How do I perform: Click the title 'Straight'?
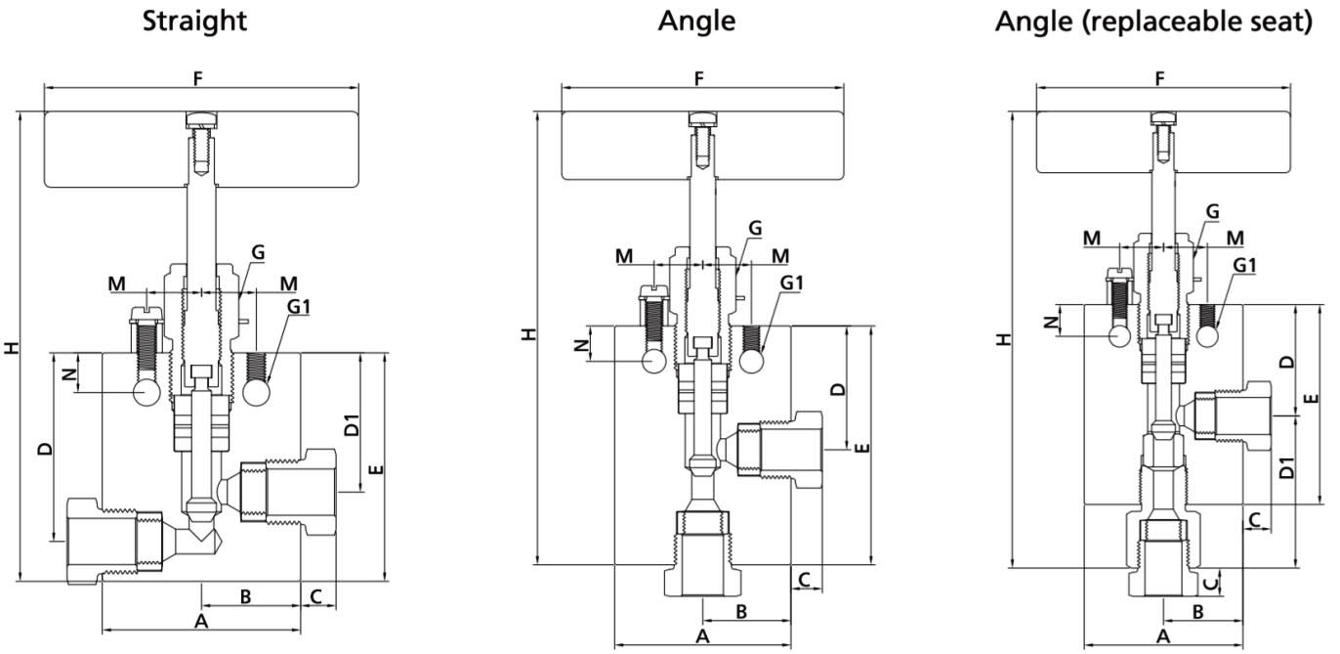point(195,21)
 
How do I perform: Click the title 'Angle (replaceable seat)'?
point(1152,21)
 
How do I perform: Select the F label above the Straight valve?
point(198,78)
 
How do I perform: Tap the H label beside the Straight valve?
point(11,347)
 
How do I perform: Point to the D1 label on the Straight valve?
point(352,425)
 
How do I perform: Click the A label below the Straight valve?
point(200,622)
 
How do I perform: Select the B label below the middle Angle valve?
point(741,611)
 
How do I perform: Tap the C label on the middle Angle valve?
point(804,579)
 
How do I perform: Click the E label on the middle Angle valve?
point(861,448)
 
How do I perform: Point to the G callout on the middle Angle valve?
point(755,228)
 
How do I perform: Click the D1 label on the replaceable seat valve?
point(1286,467)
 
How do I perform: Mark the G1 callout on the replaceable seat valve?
point(1244,265)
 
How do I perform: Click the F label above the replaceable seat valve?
point(1159,78)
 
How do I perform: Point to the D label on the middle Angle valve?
point(837,388)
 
